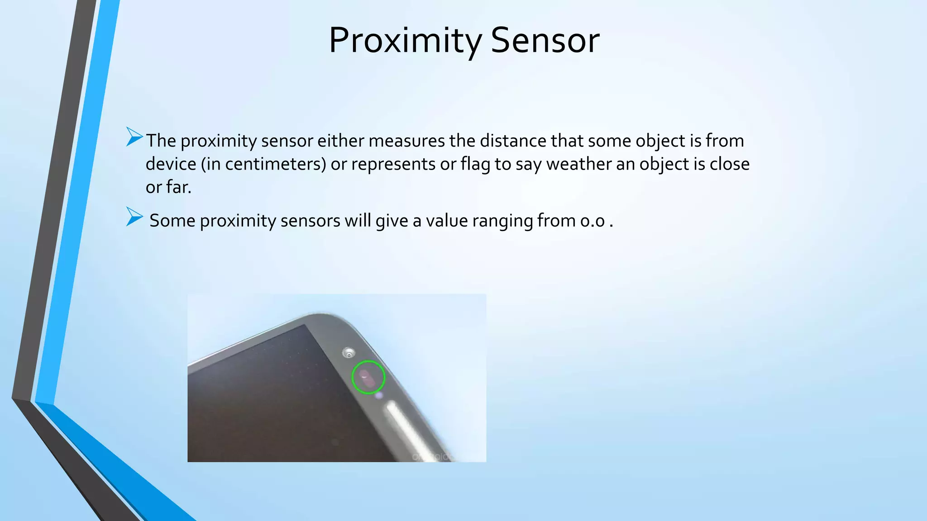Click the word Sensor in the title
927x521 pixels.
[x=545, y=41]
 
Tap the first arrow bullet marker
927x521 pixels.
[x=134, y=137]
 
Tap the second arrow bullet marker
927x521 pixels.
[x=134, y=217]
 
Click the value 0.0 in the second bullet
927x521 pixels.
[x=593, y=221]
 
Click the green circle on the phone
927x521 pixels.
[x=368, y=377]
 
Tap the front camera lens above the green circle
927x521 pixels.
[x=349, y=353]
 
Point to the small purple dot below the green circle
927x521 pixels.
[x=379, y=396]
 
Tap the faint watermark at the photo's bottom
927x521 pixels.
[x=432, y=457]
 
